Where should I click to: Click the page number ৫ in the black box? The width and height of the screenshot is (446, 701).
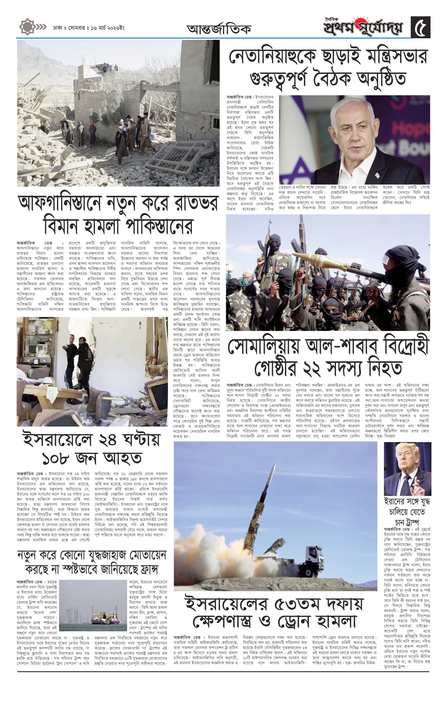click(421, 27)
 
